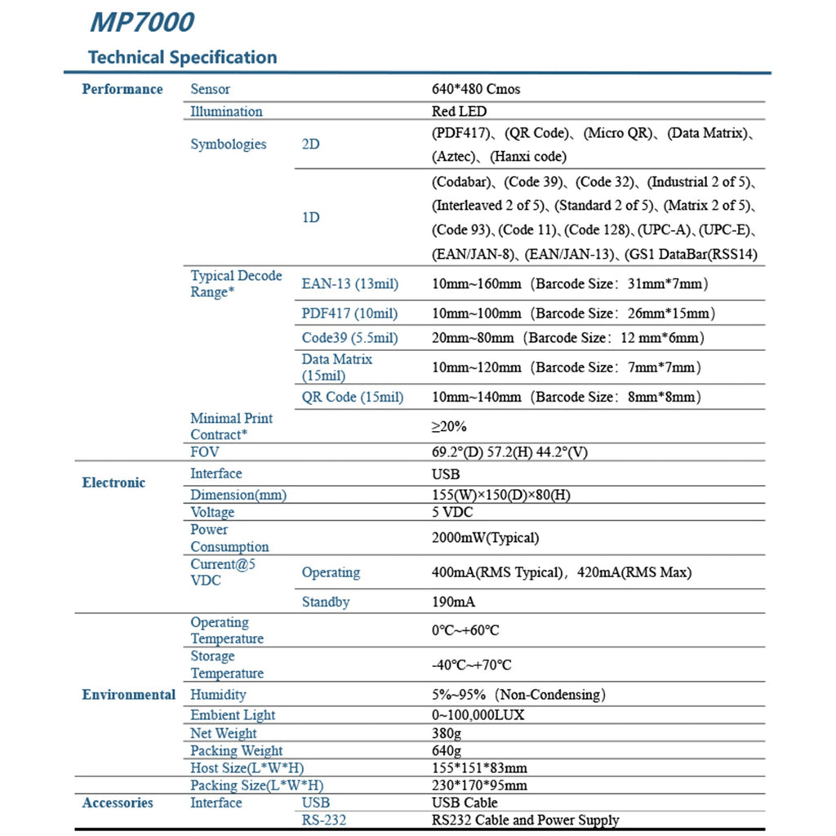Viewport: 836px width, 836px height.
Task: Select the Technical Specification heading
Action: (x=182, y=57)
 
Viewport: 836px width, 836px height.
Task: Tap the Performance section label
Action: (x=122, y=89)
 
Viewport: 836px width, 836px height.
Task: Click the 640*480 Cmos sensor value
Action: (x=475, y=89)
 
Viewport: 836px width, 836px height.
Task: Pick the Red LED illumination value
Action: (x=458, y=111)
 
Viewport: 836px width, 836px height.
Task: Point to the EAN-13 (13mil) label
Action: (x=349, y=284)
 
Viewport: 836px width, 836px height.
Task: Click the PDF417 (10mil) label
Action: (x=349, y=313)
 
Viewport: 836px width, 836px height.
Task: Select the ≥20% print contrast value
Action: (x=449, y=426)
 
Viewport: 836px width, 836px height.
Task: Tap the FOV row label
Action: (x=205, y=451)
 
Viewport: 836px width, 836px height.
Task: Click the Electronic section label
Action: (x=113, y=482)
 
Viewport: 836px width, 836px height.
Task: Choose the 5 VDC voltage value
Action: (x=452, y=513)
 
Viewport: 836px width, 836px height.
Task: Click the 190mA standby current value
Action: (x=453, y=603)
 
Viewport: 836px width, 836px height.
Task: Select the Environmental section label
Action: (x=128, y=695)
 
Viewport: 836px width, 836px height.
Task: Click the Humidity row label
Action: (x=218, y=695)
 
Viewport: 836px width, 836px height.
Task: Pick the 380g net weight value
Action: (x=446, y=733)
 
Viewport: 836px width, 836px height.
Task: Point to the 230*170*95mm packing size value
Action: (x=479, y=785)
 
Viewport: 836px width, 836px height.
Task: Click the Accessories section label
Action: (x=118, y=803)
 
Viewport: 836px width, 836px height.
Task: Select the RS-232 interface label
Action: (x=323, y=820)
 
